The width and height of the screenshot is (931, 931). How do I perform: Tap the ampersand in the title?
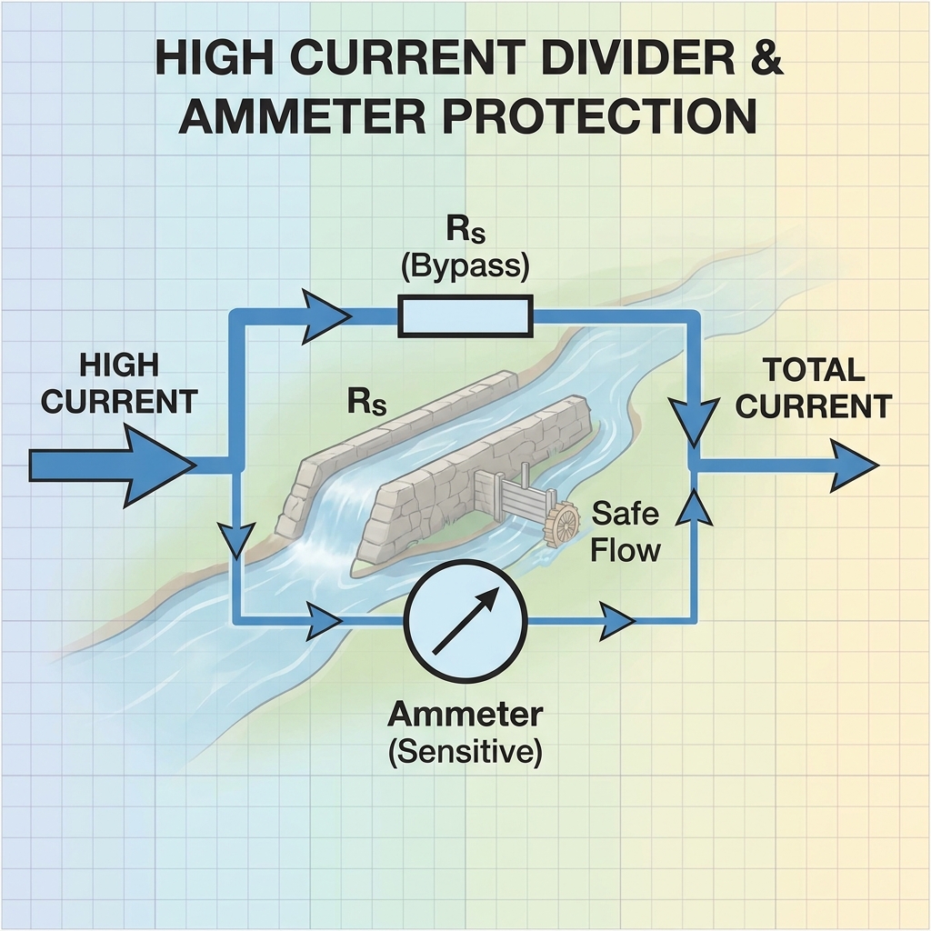[x=763, y=57]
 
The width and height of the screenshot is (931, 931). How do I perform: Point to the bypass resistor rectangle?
[x=465, y=315]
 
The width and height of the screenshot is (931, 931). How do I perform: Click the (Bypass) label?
[x=465, y=266]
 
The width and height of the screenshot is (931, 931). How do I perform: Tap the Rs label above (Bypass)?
[x=465, y=230]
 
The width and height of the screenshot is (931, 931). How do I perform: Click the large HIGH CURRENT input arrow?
[x=113, y=465]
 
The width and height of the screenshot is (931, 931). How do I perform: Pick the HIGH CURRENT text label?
[x=119, y=384]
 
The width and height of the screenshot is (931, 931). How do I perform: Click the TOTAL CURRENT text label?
[x=813, y=388]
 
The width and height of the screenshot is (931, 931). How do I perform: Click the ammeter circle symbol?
[x=465, y=621]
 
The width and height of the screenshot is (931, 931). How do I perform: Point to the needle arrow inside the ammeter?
[x=465, y=620]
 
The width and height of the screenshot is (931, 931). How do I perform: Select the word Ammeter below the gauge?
[x=465, y=715]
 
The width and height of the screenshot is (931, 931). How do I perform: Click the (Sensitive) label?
[x=465, y=752]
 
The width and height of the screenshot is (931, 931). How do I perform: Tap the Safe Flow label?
[x=626, y=531]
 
